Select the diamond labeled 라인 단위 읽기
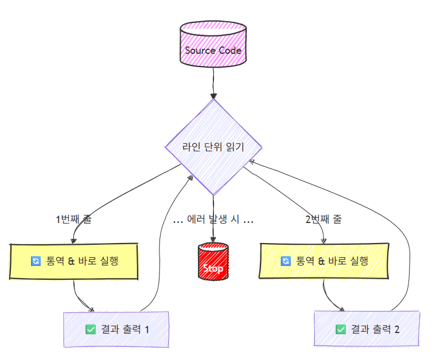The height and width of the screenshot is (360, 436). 213,147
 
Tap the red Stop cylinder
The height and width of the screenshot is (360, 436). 213,262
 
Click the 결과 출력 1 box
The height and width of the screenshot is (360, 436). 116,329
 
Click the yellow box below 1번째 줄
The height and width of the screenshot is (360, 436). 75,261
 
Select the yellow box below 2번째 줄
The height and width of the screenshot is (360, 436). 325,261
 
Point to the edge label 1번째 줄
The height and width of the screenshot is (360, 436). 73,220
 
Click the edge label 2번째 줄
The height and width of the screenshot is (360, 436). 324,220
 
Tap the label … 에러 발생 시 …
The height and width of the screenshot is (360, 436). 213,220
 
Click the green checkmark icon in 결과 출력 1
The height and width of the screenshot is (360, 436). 90,329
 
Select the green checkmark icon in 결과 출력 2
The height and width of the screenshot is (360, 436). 341,329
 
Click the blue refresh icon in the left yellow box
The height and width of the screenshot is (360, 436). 36,261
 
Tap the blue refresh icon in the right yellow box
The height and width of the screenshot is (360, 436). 286,261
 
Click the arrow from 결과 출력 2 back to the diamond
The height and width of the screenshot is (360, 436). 402,229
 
